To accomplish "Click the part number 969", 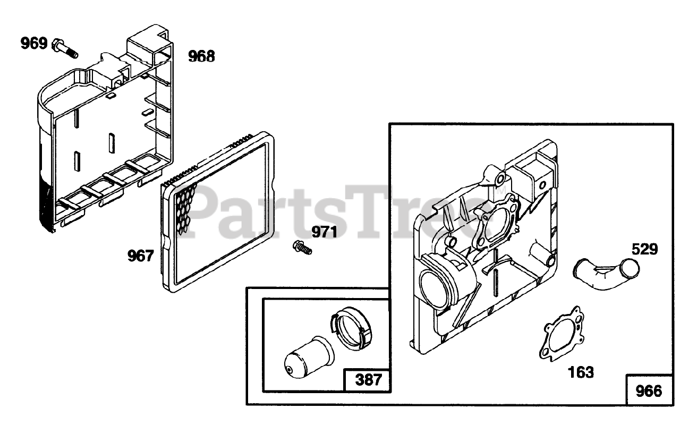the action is [34, 43].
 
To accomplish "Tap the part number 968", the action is [202, 56].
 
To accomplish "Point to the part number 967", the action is [140, 256].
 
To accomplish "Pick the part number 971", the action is [324, 232].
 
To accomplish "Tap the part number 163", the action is [581, 372].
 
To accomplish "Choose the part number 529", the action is [644, 249].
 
